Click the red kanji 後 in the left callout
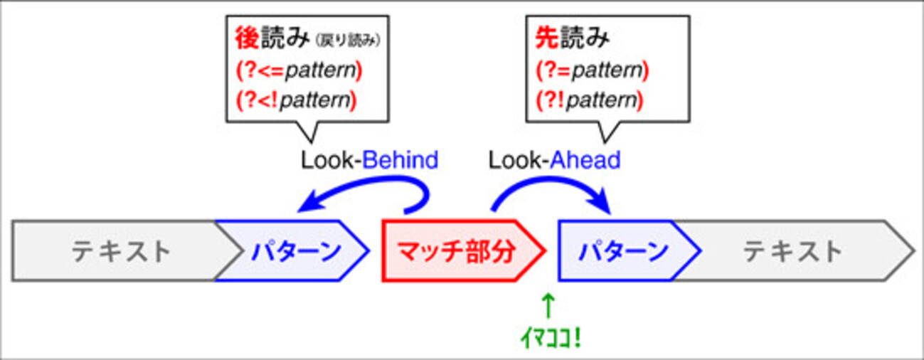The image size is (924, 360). click(x=247, y=38)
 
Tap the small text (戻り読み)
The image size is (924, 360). click(x=347, y=41)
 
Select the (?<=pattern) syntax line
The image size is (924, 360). click(x=299, y=70)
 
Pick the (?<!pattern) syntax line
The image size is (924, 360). click(x=296, y=100)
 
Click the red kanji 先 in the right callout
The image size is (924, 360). click(x=547, y=38)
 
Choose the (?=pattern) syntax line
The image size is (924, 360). click(x=593, y=70)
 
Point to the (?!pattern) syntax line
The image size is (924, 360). click(x=590, y=100)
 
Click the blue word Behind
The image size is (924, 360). click(x=400, y=160)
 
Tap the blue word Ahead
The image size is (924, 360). click(x=585, y=160)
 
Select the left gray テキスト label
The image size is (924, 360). click(x=121, y=251)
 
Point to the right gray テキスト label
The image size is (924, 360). click(x=792, y=251)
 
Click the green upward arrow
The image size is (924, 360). click(x=548, y=306)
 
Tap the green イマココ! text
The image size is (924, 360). click(x=551, y=339)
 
